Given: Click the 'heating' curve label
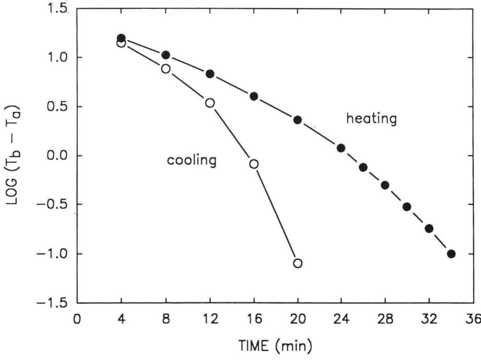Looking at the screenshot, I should (x=372, y=119).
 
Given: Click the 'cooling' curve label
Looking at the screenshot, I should (x=192, y=160).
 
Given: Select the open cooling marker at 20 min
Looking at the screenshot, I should (x=298, y=263).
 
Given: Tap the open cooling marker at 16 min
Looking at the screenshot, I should (x=254, y=164).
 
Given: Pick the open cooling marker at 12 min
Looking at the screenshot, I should (x=210, y=103).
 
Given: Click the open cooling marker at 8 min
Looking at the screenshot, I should (x=166, y=69).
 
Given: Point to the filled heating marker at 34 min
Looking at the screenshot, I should (x=451, y=254).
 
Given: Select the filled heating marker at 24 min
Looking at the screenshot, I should (x=341, y=148).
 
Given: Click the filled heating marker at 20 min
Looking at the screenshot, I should (x=298, y=120).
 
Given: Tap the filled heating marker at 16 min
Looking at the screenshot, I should (x=254, y=96).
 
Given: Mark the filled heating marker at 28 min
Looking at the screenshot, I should (x=385, y=185).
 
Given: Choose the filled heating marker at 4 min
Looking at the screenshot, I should (x=122, y=38).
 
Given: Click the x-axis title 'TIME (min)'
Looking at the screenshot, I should (x=275, y=346).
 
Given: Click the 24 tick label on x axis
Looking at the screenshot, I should (x=341, y=318).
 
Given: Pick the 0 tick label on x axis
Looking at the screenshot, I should (x=77, y=318).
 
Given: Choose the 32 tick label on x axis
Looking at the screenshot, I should (x=429, y=318).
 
